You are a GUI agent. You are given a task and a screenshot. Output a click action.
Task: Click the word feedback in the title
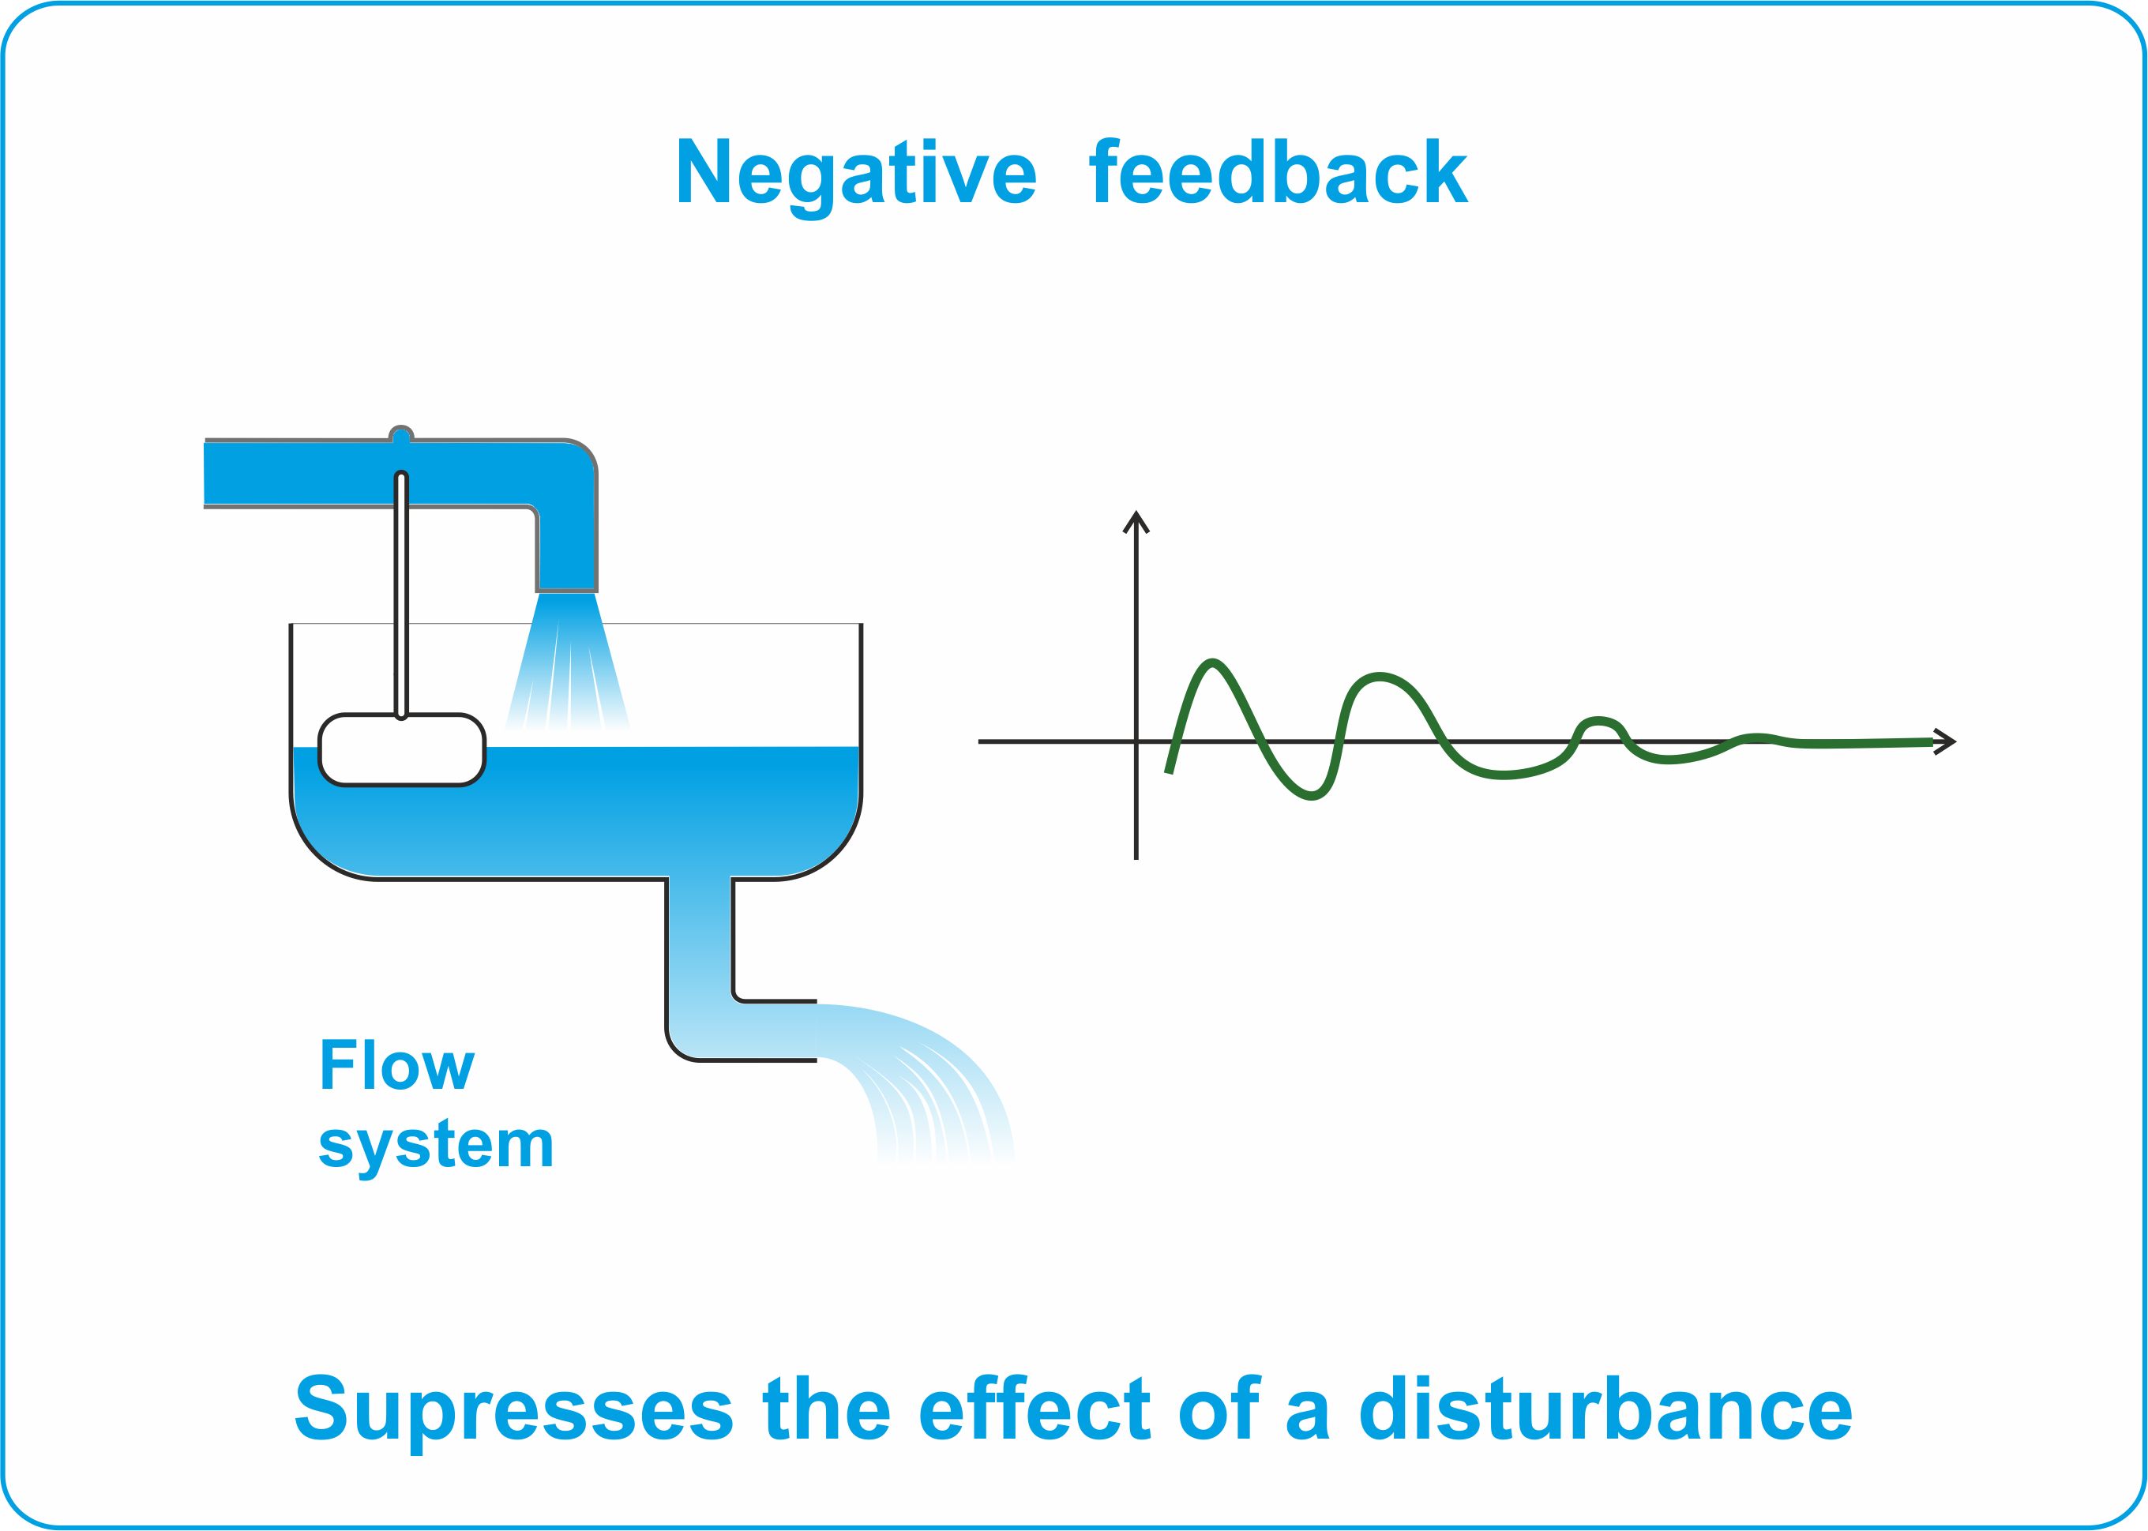click(1279, 171)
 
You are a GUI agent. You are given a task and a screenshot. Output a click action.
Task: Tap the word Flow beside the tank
click(397, 1064)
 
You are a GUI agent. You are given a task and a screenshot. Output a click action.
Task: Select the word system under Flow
click(436, 1146)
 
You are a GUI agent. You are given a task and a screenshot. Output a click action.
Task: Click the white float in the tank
click(402, 749)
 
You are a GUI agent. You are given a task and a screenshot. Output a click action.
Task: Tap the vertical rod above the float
click(402, 595)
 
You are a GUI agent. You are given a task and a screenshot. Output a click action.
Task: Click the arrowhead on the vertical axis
click(1136, 520)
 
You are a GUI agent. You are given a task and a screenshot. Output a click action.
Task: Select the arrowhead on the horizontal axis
click(1944, 742)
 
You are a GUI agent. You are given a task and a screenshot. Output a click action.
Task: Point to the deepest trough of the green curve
click(1312, 796)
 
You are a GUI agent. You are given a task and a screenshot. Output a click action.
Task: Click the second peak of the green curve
click(1380, 677)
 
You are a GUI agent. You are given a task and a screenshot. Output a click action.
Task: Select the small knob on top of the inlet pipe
click(402, 433)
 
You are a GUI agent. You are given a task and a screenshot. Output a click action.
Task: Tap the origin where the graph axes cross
click(1136, 742)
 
